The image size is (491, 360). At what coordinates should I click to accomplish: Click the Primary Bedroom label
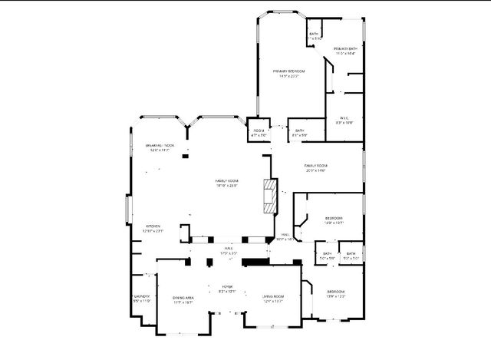coord(288,71)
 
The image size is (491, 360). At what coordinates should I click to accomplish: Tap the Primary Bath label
coord(345,48)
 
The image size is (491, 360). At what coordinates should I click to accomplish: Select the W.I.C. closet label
coord(344,117)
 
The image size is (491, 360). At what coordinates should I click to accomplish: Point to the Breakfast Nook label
coord(160,145)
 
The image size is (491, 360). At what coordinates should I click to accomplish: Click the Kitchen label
coord(153,226)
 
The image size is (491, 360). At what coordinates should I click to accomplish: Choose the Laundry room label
coord(141,296)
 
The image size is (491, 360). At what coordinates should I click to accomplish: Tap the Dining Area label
coord(183,297)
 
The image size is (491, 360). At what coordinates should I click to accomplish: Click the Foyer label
coord(227,287)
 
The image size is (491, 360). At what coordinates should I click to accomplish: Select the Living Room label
coord(273,296)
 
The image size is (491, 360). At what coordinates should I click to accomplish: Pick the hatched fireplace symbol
coord(269,196)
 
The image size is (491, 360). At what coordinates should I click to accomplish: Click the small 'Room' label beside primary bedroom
coord(259,130)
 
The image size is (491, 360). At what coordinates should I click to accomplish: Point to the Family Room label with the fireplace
coord(226,180)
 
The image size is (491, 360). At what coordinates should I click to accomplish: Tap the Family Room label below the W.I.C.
coord(315,165)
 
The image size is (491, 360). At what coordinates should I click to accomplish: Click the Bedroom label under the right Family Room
coord(334,217)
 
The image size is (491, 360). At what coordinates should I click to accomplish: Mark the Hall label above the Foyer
coord(229,248)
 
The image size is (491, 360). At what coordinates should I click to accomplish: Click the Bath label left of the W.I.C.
coord(300,130)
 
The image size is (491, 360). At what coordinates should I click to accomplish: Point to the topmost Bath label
coord(313,34)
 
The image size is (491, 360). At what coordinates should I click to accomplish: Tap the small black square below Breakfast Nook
coord(185,157)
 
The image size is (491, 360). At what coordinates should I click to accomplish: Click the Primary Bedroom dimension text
coord(288,76)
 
